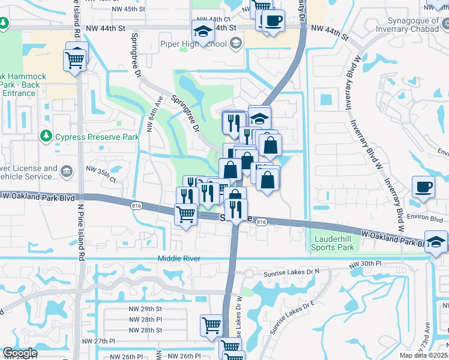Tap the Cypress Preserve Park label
pos(97,137)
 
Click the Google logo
pos(19,353)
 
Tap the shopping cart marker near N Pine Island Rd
pos(75,59)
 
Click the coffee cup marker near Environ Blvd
pos(423,186)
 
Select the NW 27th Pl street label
pos(99,341)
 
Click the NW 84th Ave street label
pos(154,115)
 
